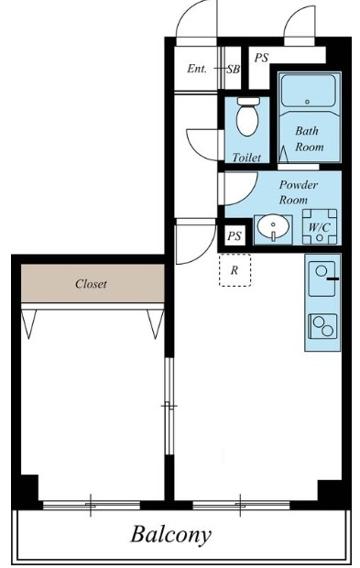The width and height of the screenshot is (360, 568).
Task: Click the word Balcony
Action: (x=170, y=535)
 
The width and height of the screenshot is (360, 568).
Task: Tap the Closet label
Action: (x=91, y=284)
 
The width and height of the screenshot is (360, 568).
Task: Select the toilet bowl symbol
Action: (x=247, y=119)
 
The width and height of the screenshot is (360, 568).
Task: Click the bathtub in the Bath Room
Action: (x=308, y=90)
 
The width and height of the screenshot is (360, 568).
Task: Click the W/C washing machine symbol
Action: (x=320, y=227)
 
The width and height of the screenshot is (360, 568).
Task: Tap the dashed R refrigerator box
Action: (x=235, y=270)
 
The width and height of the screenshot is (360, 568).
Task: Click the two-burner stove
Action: (x=322, y=325)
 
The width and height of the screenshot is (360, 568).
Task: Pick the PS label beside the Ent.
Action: (x=261, y=58)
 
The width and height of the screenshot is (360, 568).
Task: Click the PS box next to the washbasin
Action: (x=235, y=236)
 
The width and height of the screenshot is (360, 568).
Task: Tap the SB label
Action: (x=234, y=69)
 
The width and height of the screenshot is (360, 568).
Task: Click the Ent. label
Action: (x=197, y=69)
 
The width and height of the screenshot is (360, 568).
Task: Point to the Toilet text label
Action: (x=246, y=158)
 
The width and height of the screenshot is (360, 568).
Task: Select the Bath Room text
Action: (x=309, y=138)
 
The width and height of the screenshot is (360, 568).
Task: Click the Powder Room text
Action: (x=298, y=192)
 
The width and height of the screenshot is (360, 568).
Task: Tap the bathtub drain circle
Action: (x=308, y=102)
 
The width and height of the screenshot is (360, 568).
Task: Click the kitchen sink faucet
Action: (x=333, y=279)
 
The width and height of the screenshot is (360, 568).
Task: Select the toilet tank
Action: (x=248, y=101)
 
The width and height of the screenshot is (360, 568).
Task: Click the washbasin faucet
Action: (x=274, y=235)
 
